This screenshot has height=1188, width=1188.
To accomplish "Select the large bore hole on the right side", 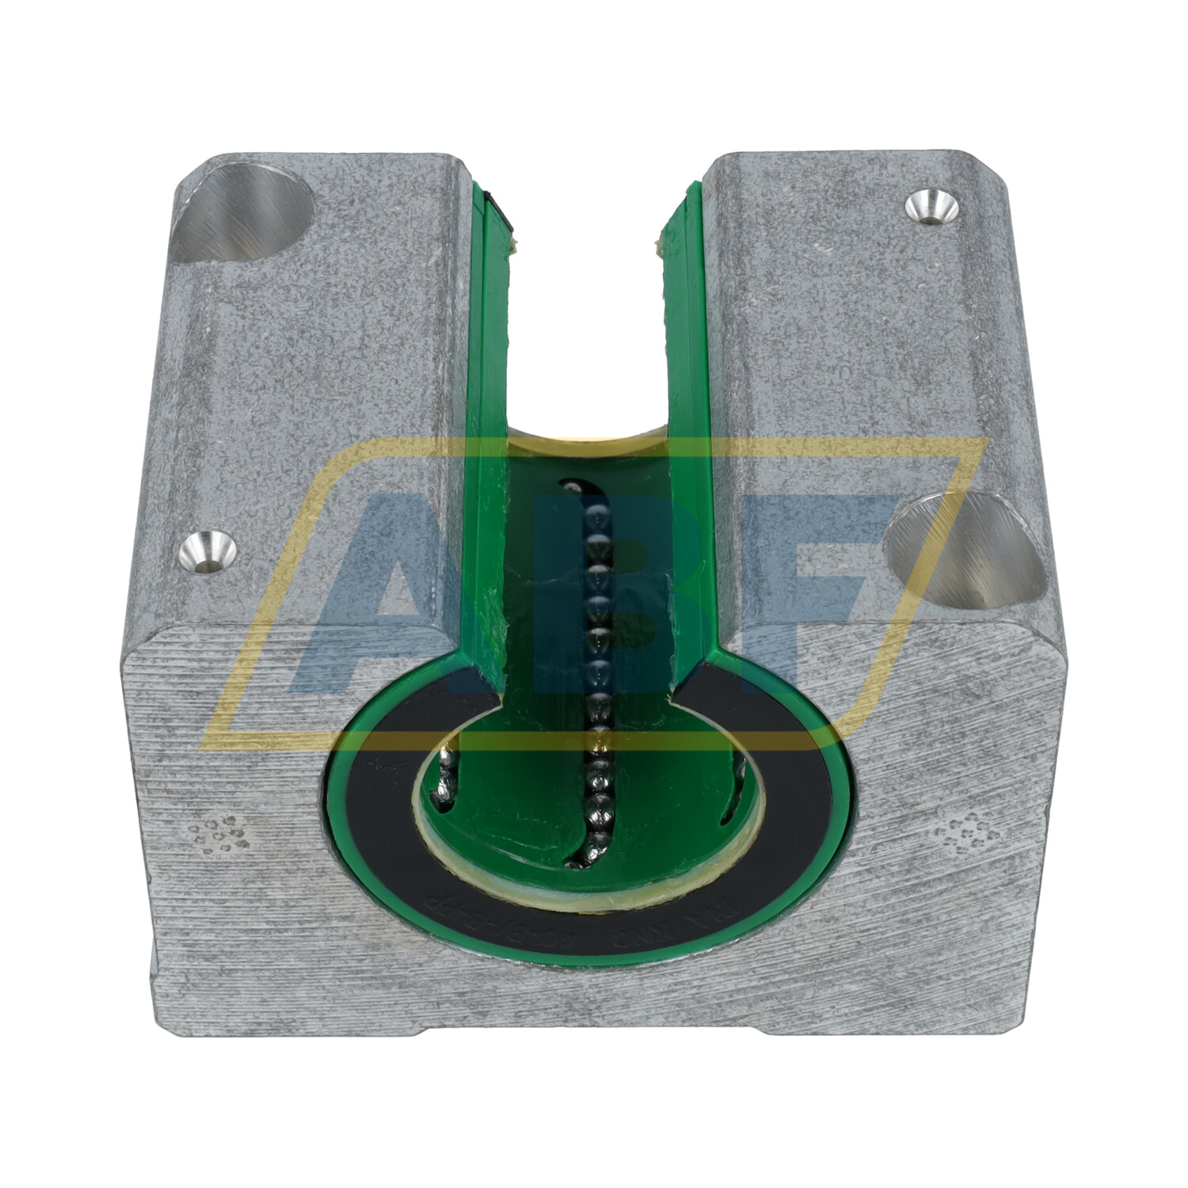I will pyautogui.click(x=963, y=546).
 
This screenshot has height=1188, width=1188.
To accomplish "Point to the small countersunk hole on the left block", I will pyautogui.click(x=208, y=551).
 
